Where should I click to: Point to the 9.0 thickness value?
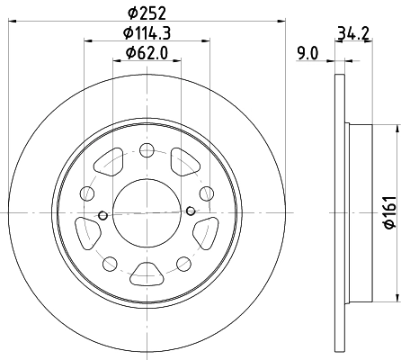tap(308, 53)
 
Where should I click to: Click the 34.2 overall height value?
tap(352, 36)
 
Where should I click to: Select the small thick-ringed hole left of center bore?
tap(103, 215)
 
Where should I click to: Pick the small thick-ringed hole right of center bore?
tap(191, 211)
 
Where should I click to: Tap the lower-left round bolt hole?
tap(110, 263)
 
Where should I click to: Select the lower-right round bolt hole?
tap(183, 263)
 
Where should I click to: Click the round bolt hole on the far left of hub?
tap(87, 193)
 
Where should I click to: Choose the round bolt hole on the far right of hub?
tap(206, 193)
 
